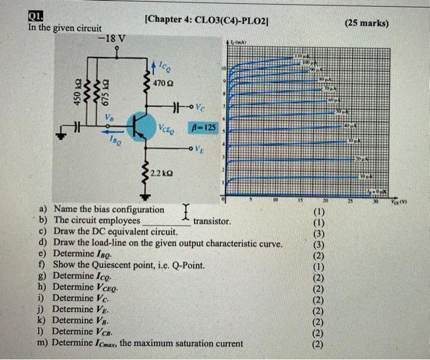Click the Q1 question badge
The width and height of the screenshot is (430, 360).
click(36, 17)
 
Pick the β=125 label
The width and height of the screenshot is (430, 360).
click(203, 127)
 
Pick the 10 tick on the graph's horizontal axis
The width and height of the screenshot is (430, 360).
click(276, 200)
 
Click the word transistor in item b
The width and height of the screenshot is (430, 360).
click(212, 221)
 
